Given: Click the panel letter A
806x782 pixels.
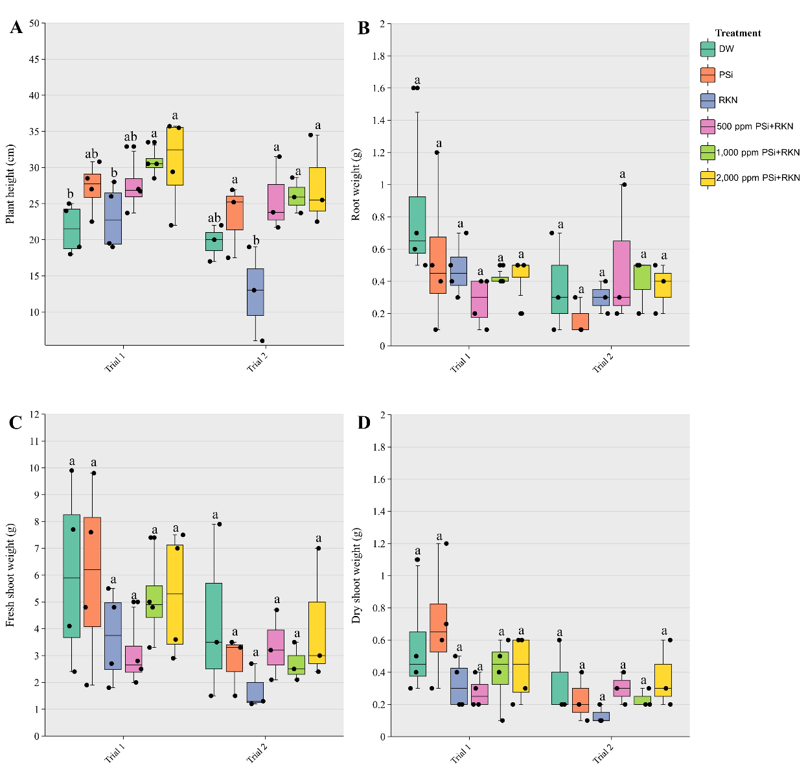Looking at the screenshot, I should click(16, 27).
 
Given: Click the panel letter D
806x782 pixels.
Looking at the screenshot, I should click(363, 423).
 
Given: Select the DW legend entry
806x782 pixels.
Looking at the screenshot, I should click(726, 49).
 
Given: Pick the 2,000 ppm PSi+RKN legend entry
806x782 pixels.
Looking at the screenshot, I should click(757, 178).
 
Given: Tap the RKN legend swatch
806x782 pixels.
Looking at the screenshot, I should click(708, 101).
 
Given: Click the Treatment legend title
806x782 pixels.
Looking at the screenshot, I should click(738, 33).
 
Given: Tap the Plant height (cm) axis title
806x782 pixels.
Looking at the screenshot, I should click(10, 184).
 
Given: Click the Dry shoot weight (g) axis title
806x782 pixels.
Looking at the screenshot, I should click(356, 575).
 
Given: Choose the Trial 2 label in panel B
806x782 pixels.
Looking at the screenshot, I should click(602, 364).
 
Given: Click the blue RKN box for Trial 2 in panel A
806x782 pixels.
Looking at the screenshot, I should click(255, 292).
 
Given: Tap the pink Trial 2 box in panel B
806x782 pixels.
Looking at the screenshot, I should click(621, 273).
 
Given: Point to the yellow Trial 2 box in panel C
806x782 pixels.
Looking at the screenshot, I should click(317, 632).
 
